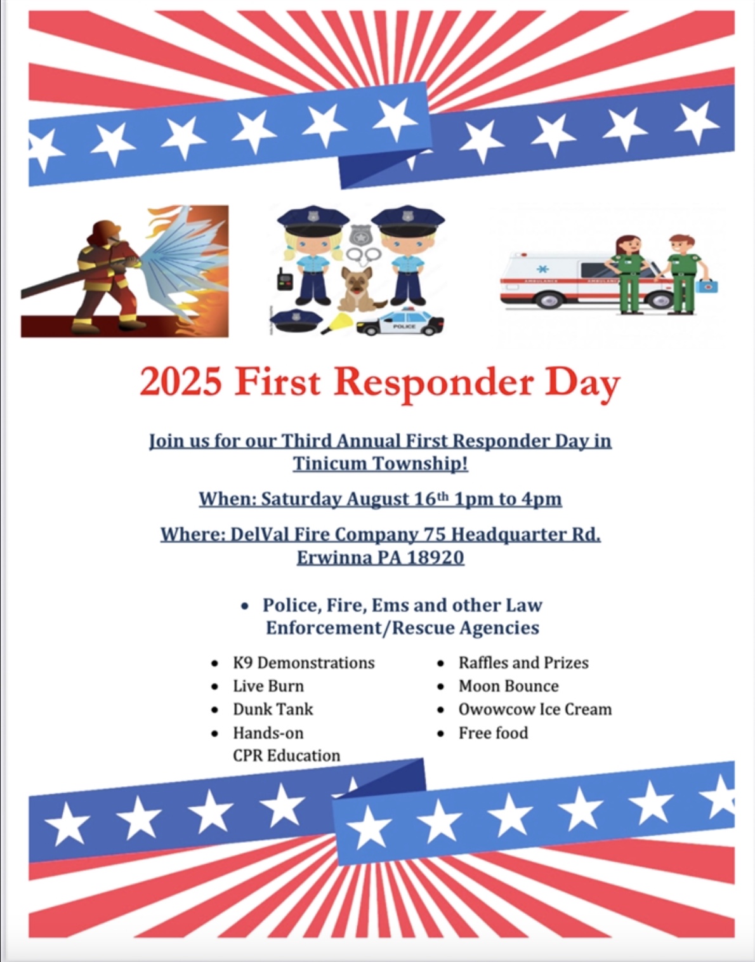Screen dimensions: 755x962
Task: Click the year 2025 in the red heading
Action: tap(181, 382)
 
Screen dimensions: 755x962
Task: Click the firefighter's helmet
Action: tap(105, 230)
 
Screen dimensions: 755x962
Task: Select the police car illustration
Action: tap(400, 322)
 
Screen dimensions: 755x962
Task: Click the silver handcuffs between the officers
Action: tap(363, 255)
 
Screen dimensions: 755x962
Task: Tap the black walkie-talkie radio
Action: tap(284, 279)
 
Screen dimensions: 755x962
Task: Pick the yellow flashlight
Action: tap(336, 323)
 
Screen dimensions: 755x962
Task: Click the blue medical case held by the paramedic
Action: tap(707, 285)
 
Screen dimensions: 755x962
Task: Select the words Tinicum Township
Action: tap(380, 464)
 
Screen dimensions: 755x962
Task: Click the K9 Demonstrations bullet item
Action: tap(304, 662)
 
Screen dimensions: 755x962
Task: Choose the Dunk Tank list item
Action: tap(273, 709)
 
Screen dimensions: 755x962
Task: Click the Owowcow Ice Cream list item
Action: tap(535, 709)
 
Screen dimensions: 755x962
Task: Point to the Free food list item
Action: tap(494, 733)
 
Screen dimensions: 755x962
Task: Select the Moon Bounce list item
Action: tap(508, 686)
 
